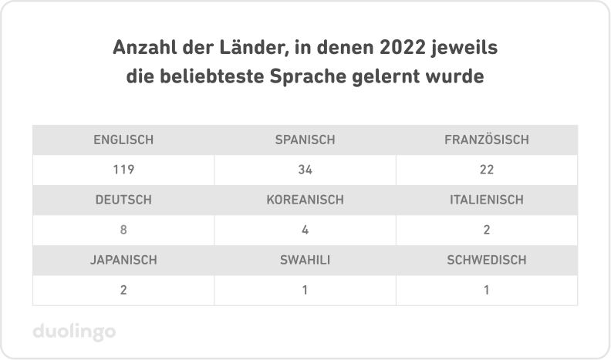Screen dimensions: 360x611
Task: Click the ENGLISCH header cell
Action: point(123,140)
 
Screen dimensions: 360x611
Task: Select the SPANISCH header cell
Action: point(305,140)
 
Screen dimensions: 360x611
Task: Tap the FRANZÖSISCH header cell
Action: point(486,140)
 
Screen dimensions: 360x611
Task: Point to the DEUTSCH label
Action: point(123,200)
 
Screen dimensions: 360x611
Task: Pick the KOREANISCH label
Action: point(305,200)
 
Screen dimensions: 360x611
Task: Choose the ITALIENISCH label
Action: point(486,200)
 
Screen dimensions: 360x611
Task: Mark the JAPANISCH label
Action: point(123,260)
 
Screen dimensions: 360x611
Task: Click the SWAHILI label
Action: point(305,260)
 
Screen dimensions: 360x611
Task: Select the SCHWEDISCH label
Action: point(486,260)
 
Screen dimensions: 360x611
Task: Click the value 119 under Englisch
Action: point(123,170)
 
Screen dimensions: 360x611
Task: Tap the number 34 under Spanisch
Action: point(305,170)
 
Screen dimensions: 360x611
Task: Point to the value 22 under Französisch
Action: point(486,170)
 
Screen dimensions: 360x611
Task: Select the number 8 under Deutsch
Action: point(123,230)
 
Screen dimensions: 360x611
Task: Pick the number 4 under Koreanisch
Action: point(305,230)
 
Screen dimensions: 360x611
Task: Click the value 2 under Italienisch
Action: point(486,230)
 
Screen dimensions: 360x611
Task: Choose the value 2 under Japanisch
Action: point(123,290)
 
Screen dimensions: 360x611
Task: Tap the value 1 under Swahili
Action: point(305,290)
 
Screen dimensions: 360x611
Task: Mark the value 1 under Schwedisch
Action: point(486,290)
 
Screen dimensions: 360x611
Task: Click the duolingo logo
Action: point(75,332)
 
